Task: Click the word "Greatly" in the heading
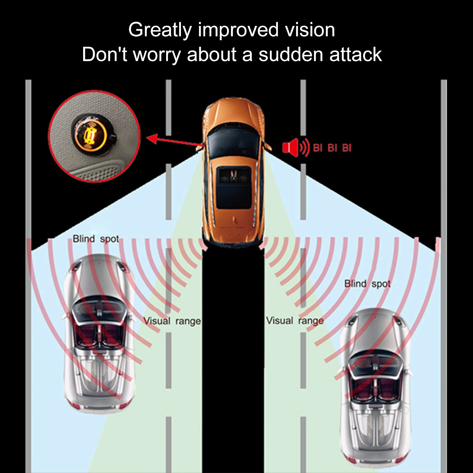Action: [160, 30]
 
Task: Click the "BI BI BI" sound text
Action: [332, 148]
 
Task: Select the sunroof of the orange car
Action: [234, 187]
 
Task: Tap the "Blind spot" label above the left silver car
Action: [96, 239]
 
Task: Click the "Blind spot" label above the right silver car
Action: [367, 284]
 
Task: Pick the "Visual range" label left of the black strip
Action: [172, 321]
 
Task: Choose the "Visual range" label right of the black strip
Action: [295, 321]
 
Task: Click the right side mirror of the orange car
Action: [268, 146]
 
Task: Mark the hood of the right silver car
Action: [375, 331]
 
